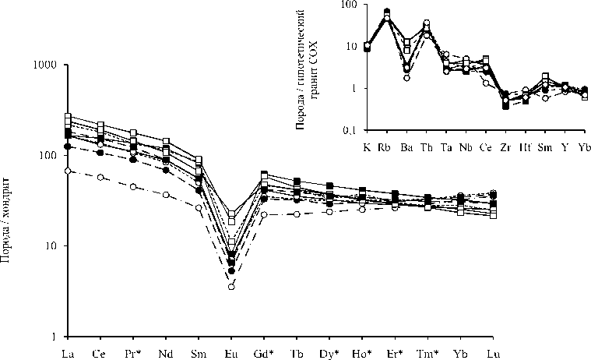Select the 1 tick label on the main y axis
click(57, 337)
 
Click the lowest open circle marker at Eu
click(231, 287)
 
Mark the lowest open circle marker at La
click(68, 171)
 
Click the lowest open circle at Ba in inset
click(406, 78)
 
